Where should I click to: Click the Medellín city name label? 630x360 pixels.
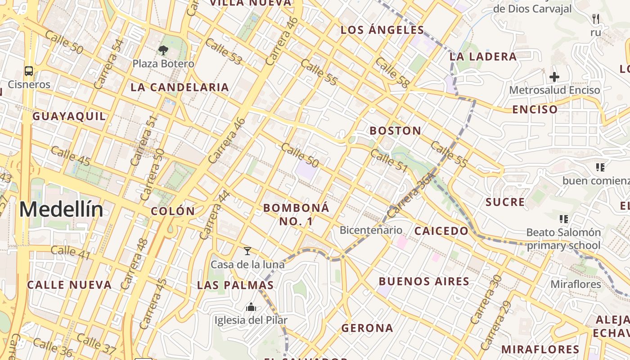coord(61,210)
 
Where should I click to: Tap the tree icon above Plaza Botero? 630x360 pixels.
coord(163,50)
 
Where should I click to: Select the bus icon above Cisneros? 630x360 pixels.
coord(29,71)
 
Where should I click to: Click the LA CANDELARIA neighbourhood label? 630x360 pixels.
coord(180,87)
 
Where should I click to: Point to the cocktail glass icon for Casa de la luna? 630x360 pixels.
coord(247,251)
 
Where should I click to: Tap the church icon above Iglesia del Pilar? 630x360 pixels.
coord(251,307)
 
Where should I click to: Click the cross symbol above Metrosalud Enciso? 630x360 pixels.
coord(554,77)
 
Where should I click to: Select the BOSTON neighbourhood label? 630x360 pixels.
coord(395,131)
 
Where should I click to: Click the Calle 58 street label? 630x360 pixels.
coord(392,72)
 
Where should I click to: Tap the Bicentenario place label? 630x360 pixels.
coord(371,230)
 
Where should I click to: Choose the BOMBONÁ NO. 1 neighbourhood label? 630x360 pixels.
coord(296,214)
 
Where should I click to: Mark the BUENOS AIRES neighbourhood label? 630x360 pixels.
coord(424,282)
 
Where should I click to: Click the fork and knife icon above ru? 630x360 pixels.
coord(596,19)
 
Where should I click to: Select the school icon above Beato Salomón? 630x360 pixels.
coord(563,219)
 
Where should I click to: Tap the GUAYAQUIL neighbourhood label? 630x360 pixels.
coord(69,116)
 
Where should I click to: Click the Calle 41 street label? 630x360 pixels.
coord(71,253)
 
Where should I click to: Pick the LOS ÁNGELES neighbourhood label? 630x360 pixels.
coord(382,30)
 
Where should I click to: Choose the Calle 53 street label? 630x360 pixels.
coord(224,51)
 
